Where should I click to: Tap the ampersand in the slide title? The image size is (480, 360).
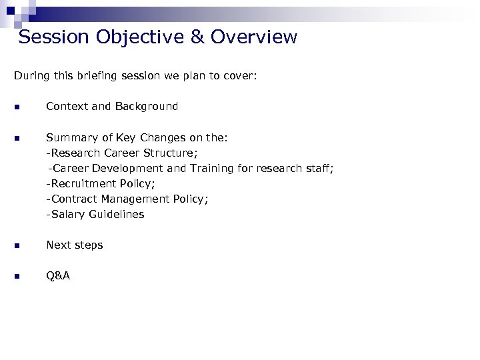tap(198, 37)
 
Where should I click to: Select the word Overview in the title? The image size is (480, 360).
tap(254, 37)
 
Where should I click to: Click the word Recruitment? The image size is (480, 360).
tap(83, 183)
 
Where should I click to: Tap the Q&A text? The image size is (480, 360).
tap(58, 275)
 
